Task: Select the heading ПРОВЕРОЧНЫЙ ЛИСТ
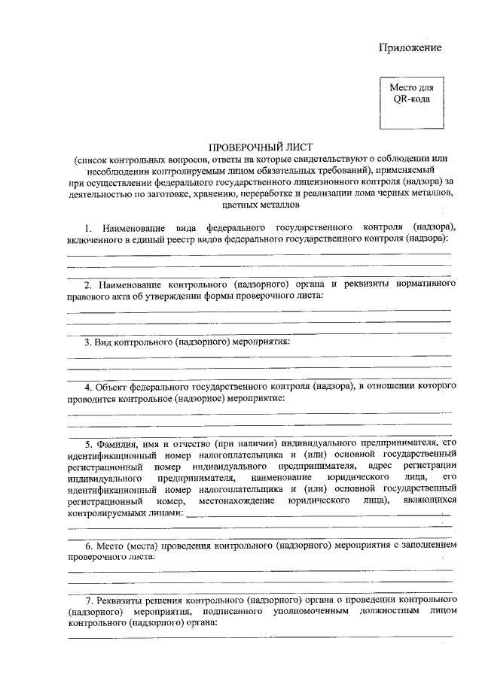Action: click(260, 147)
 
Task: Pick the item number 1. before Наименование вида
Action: click(88, 226)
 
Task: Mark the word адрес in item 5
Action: click(380, 466)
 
